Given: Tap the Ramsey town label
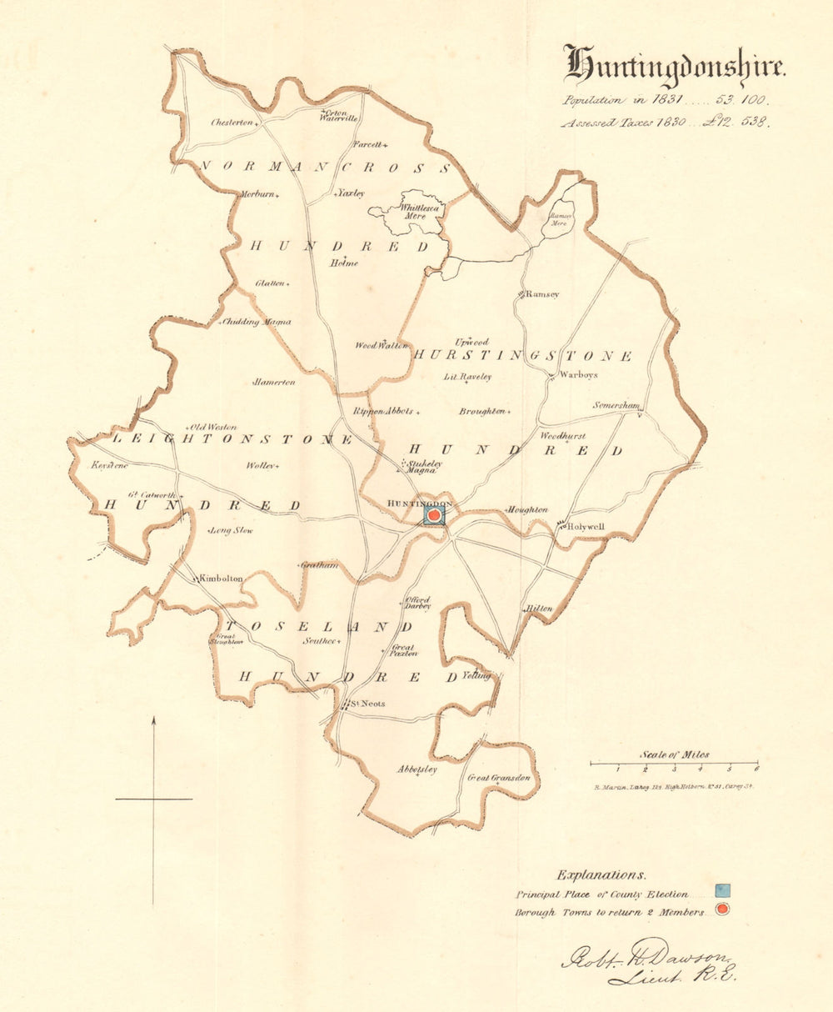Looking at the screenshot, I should click(x=542, y=294).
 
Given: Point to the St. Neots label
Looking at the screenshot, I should click(x=367, y=704).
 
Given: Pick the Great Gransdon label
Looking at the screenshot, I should click(x=499, y=778).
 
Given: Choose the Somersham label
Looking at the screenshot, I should click(x=616, y=406).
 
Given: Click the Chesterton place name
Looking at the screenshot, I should click(x=231, y=123).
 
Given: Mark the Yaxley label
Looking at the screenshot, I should click(x=351, y=193).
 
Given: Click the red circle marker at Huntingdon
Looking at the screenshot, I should click(x=434, y=516).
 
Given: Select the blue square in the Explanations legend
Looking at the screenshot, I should click(x=722, y=891).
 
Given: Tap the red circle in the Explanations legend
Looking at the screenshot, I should click(x=722, y=909).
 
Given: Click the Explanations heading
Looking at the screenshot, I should click(x=601, y=874).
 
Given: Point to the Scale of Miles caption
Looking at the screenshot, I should click(x=674, y=754).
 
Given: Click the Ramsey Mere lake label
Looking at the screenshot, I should click(x=558, y=218).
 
